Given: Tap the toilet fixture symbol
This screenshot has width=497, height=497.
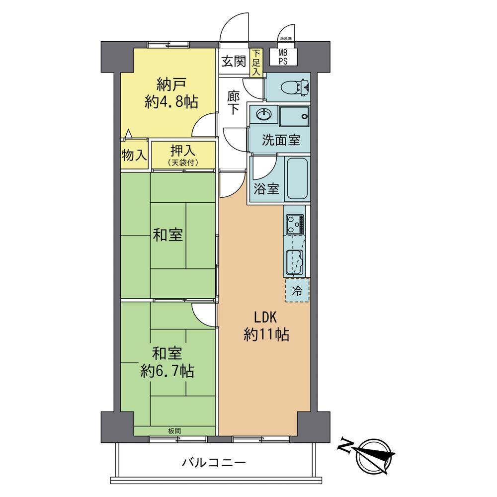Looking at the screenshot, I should coord(293,88).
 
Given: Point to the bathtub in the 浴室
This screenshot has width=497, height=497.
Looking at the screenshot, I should coord(297,178).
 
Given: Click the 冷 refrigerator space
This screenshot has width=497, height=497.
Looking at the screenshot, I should coord(297,291).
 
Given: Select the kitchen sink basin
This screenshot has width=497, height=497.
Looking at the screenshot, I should coord(295,261).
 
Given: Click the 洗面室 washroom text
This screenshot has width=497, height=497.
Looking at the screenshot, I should coord(281,140).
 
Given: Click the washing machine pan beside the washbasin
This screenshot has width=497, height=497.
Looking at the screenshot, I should coord(294,117).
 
